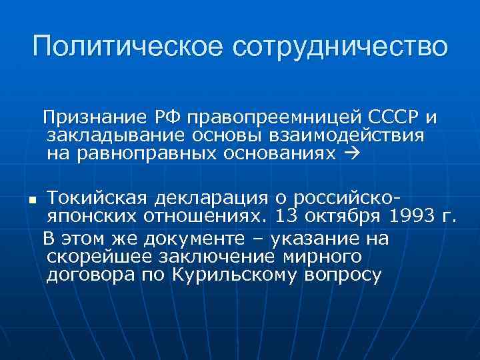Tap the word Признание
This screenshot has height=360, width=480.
tap(94, 118)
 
